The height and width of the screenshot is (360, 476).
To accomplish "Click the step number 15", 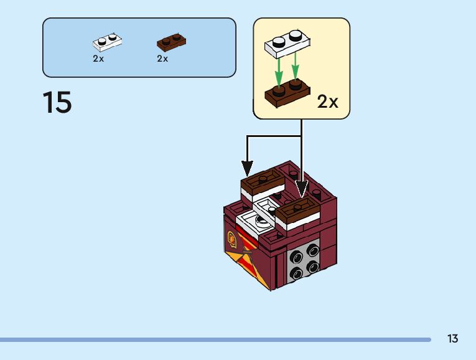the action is pos(57,102).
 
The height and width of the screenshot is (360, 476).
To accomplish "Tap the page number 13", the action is pos(452,338).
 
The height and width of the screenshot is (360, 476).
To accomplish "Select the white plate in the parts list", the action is pos(107,42).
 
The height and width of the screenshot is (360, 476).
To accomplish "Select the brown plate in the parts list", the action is pos(171,42).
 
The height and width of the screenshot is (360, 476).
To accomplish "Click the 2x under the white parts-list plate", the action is pos(98,59).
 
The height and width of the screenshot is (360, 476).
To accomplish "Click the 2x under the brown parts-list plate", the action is pos(162,59).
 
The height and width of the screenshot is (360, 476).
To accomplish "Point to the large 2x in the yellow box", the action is pos(327,102).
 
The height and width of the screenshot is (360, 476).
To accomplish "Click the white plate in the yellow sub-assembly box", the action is pos(287,43).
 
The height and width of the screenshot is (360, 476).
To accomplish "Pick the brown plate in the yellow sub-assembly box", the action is pos(287,92).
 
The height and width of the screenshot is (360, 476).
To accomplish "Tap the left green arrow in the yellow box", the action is pos(279,72).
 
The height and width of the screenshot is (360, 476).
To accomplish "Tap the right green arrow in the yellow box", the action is pos(296,66).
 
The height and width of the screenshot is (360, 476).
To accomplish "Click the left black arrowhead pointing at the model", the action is pos(247,169).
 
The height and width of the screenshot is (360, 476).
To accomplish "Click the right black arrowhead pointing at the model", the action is pos(301,188).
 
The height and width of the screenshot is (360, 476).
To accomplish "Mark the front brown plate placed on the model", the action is pos(297,209).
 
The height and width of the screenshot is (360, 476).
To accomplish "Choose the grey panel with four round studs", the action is pos(303,259).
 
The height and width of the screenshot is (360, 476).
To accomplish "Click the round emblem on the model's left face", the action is pos(231,238).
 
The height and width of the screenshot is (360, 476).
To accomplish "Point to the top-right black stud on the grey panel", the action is pos(312,250).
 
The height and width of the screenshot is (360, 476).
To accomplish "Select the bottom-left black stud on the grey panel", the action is pos(296,273).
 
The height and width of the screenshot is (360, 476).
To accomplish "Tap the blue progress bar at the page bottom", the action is pos(215,339).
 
